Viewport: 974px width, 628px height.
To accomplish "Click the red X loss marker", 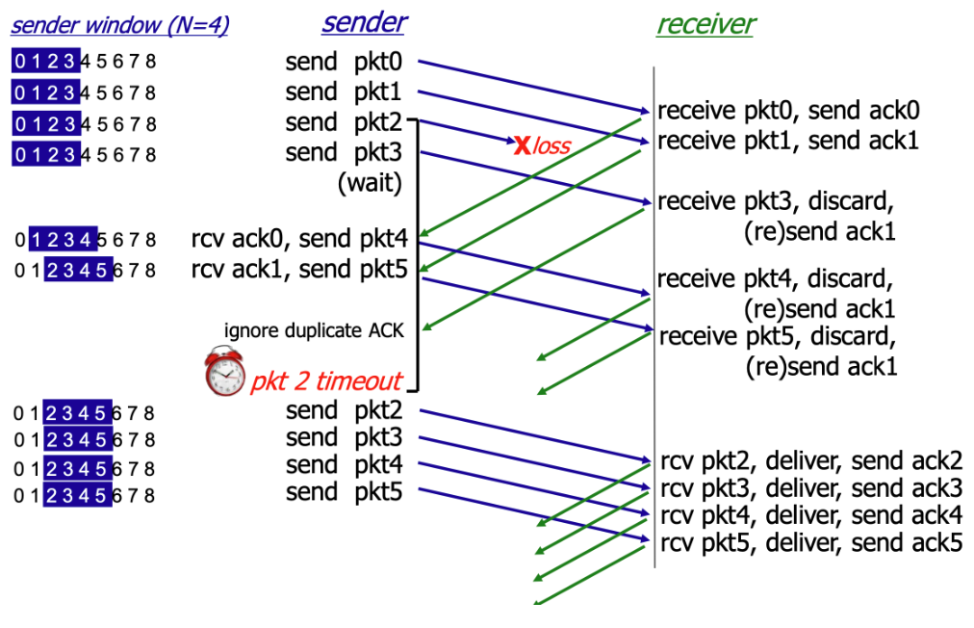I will tap(522, 145).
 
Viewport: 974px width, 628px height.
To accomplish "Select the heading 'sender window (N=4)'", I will tap(119, 26).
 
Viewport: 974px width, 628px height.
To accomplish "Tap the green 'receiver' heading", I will tap(705, 25).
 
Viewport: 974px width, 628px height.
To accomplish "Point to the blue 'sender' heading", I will tap(364, 23).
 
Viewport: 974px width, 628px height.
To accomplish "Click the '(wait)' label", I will tap(369, 183).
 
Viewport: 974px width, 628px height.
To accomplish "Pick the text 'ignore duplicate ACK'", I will tap(314, 330).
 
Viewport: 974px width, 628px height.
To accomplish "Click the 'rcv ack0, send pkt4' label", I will tap(299, 240).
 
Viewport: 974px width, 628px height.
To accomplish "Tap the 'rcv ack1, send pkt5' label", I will tap(299, 269).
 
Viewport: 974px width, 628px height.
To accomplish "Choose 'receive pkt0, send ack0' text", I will tap(787, 111).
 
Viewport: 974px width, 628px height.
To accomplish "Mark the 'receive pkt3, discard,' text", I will tap(776, 203).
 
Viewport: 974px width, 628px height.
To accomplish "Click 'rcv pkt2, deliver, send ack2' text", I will tap(810, 459).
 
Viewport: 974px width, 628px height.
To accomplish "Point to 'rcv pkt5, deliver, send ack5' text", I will tap(810, 542).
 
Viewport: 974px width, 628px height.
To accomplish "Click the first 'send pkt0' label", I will tap(343, 64).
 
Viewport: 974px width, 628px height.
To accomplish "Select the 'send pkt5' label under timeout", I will tap(343, 493).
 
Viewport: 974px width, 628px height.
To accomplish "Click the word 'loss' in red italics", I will tap(552, 146).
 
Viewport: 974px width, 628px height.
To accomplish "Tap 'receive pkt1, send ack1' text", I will tap(787, 141).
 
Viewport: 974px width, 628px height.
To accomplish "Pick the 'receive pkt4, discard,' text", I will tap(776, 279).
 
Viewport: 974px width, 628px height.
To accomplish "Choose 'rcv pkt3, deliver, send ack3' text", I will tap(810, 487).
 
